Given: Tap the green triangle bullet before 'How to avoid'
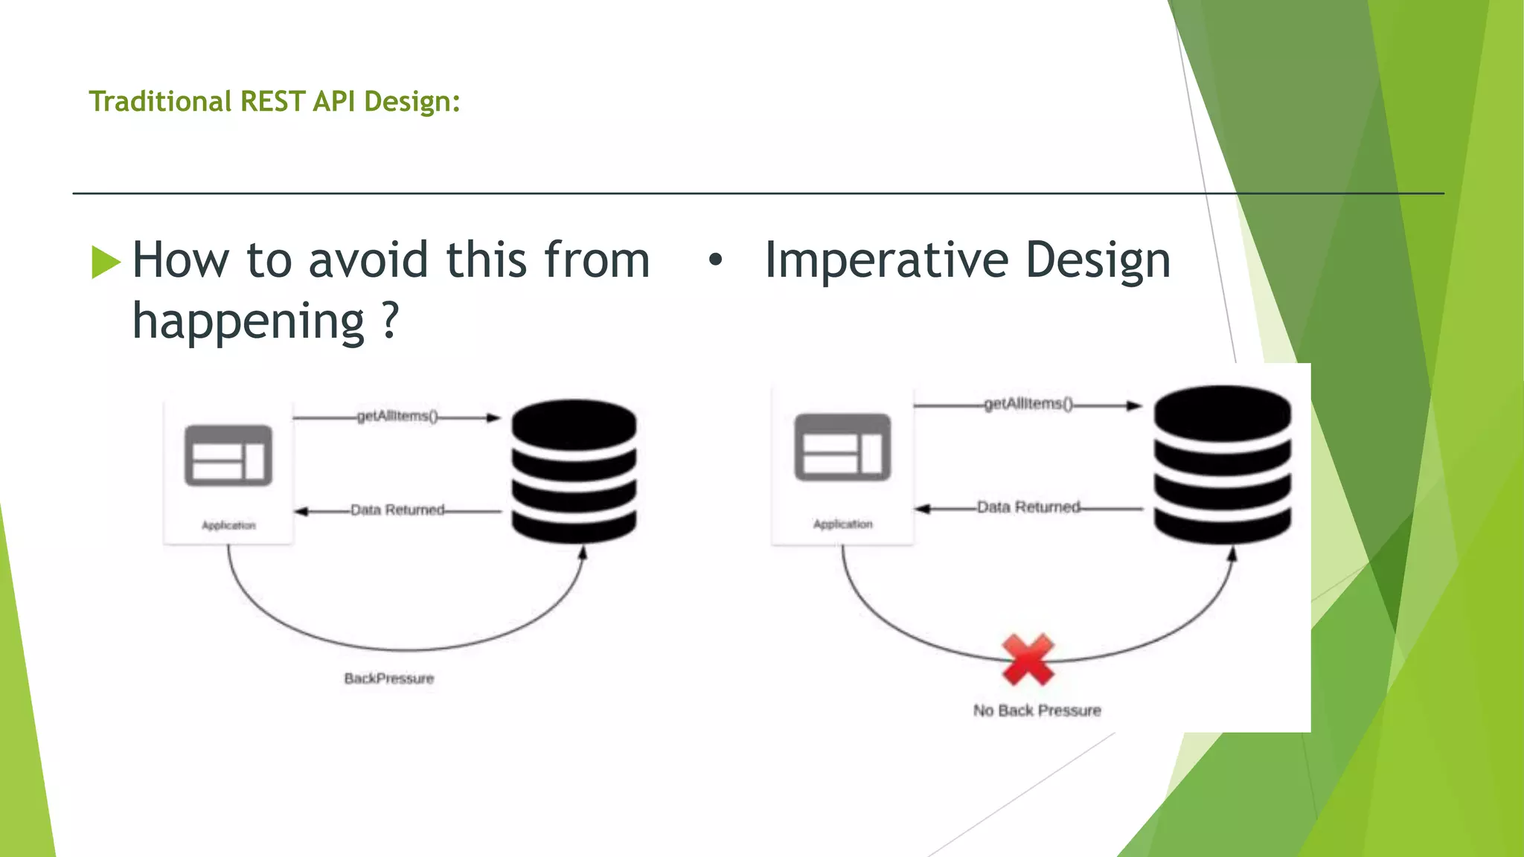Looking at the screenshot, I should [x=105, y=262].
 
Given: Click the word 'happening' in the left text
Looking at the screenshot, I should [x=248, y=321].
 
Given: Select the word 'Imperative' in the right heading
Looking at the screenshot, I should [x=886, y=260].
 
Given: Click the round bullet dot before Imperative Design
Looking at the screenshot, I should [x=715, y=260].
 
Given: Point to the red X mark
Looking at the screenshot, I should [x=1028, y=659].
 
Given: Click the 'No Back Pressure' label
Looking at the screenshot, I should [x=1037, y=710].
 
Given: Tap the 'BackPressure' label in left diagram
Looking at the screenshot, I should [x=388, y=678].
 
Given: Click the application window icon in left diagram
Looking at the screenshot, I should [x=228, y=455].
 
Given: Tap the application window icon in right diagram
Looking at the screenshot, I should [x=842, y=447].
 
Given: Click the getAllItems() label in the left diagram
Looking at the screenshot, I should [x=397, y=416].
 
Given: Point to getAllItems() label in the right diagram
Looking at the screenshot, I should [x=1028, y=404].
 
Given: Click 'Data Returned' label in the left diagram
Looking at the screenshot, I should [x=397, y=510].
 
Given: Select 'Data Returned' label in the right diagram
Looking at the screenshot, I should [x=1028, y=507].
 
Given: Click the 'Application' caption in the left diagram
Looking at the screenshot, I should [x=228, y=525].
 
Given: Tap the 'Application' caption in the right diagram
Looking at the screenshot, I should [x=842, y=524].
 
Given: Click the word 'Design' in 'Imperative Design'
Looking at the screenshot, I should [x=1098, y=260].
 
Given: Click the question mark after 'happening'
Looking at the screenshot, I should [x=390, y=321].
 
